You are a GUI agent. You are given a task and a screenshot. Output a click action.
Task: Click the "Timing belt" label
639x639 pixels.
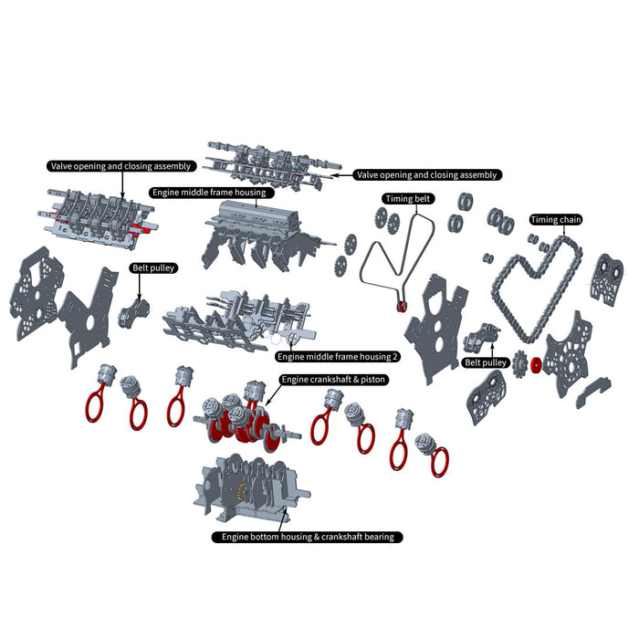pyautogui.click(x=408, y=198)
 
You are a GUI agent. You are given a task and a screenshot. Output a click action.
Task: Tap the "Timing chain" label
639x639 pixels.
pyautogui.click(x=556, y=220)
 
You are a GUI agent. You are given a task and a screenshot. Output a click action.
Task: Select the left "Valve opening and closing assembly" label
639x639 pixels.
pyautogui.click(x=120, y=166)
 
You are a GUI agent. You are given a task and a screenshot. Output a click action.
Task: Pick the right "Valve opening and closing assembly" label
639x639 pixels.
pyautogui.click(x=427, y=175)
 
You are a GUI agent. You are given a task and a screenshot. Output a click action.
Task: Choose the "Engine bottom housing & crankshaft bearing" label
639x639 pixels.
pyautogui.click(x=307, y=537)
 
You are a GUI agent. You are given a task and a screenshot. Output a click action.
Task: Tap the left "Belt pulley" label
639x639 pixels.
pyautogui.click(x=153, y=268)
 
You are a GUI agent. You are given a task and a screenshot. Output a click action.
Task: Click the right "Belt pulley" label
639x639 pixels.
pyautogui.click(x=486, y=362)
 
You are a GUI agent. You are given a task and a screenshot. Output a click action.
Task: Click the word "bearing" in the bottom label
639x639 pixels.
pyautogui.click(x=375, y=537)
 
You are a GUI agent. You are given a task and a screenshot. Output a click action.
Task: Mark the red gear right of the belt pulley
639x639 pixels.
pyautogui.click(x=536, y=367)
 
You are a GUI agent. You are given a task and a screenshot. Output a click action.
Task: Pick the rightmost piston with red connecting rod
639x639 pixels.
pyautogui.click(x=433, y=454)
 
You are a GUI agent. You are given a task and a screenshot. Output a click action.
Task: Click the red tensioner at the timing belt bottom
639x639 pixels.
pyautogui.click(x=403, y=306)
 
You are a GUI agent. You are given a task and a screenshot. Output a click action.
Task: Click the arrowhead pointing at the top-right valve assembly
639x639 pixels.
pyautogui.click(x=337, y=173)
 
